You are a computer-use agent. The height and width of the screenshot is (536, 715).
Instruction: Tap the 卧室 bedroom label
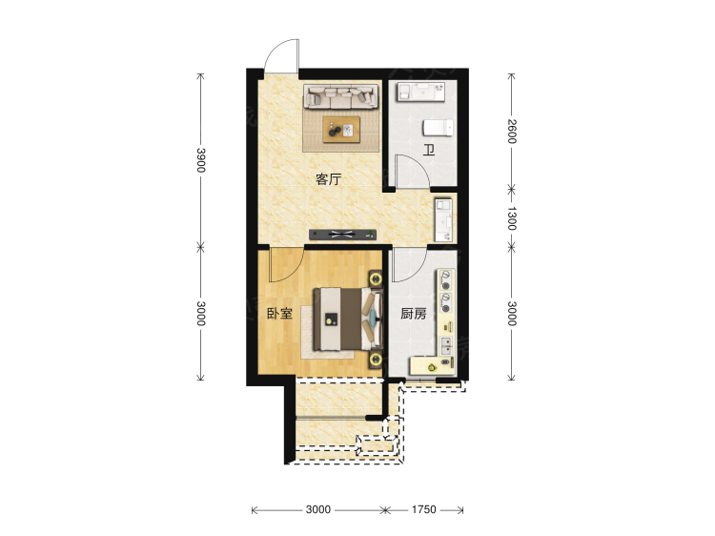click(279, 313)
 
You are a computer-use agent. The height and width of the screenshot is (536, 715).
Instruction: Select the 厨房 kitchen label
click(412, 313)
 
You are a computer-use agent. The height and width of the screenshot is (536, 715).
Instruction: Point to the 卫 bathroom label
click(429, 150)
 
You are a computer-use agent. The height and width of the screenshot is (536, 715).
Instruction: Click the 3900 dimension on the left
click(201, 158)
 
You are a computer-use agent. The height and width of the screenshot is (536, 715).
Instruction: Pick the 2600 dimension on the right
click(512, 131)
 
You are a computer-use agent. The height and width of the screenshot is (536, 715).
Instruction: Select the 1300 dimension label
click(512, 218)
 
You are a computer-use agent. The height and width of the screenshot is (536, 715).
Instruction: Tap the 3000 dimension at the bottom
click(318, 510)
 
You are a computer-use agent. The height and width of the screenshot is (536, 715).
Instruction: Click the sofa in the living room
click(338, 96)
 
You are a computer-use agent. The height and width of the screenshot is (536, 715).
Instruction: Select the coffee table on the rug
click(340, 128)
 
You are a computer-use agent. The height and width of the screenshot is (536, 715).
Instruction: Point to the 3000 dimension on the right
click(512, 313)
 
